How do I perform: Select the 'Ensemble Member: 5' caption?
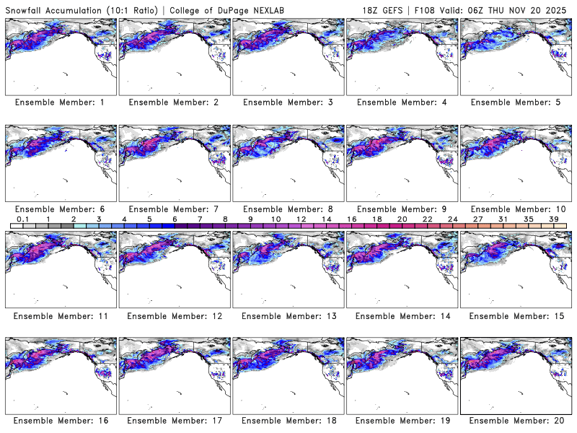(516, 102)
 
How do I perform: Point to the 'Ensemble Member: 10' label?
(516, 209)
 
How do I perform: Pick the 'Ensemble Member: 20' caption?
(516, 420)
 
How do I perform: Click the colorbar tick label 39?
(554, 218)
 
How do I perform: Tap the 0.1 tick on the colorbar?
(23, 218)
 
